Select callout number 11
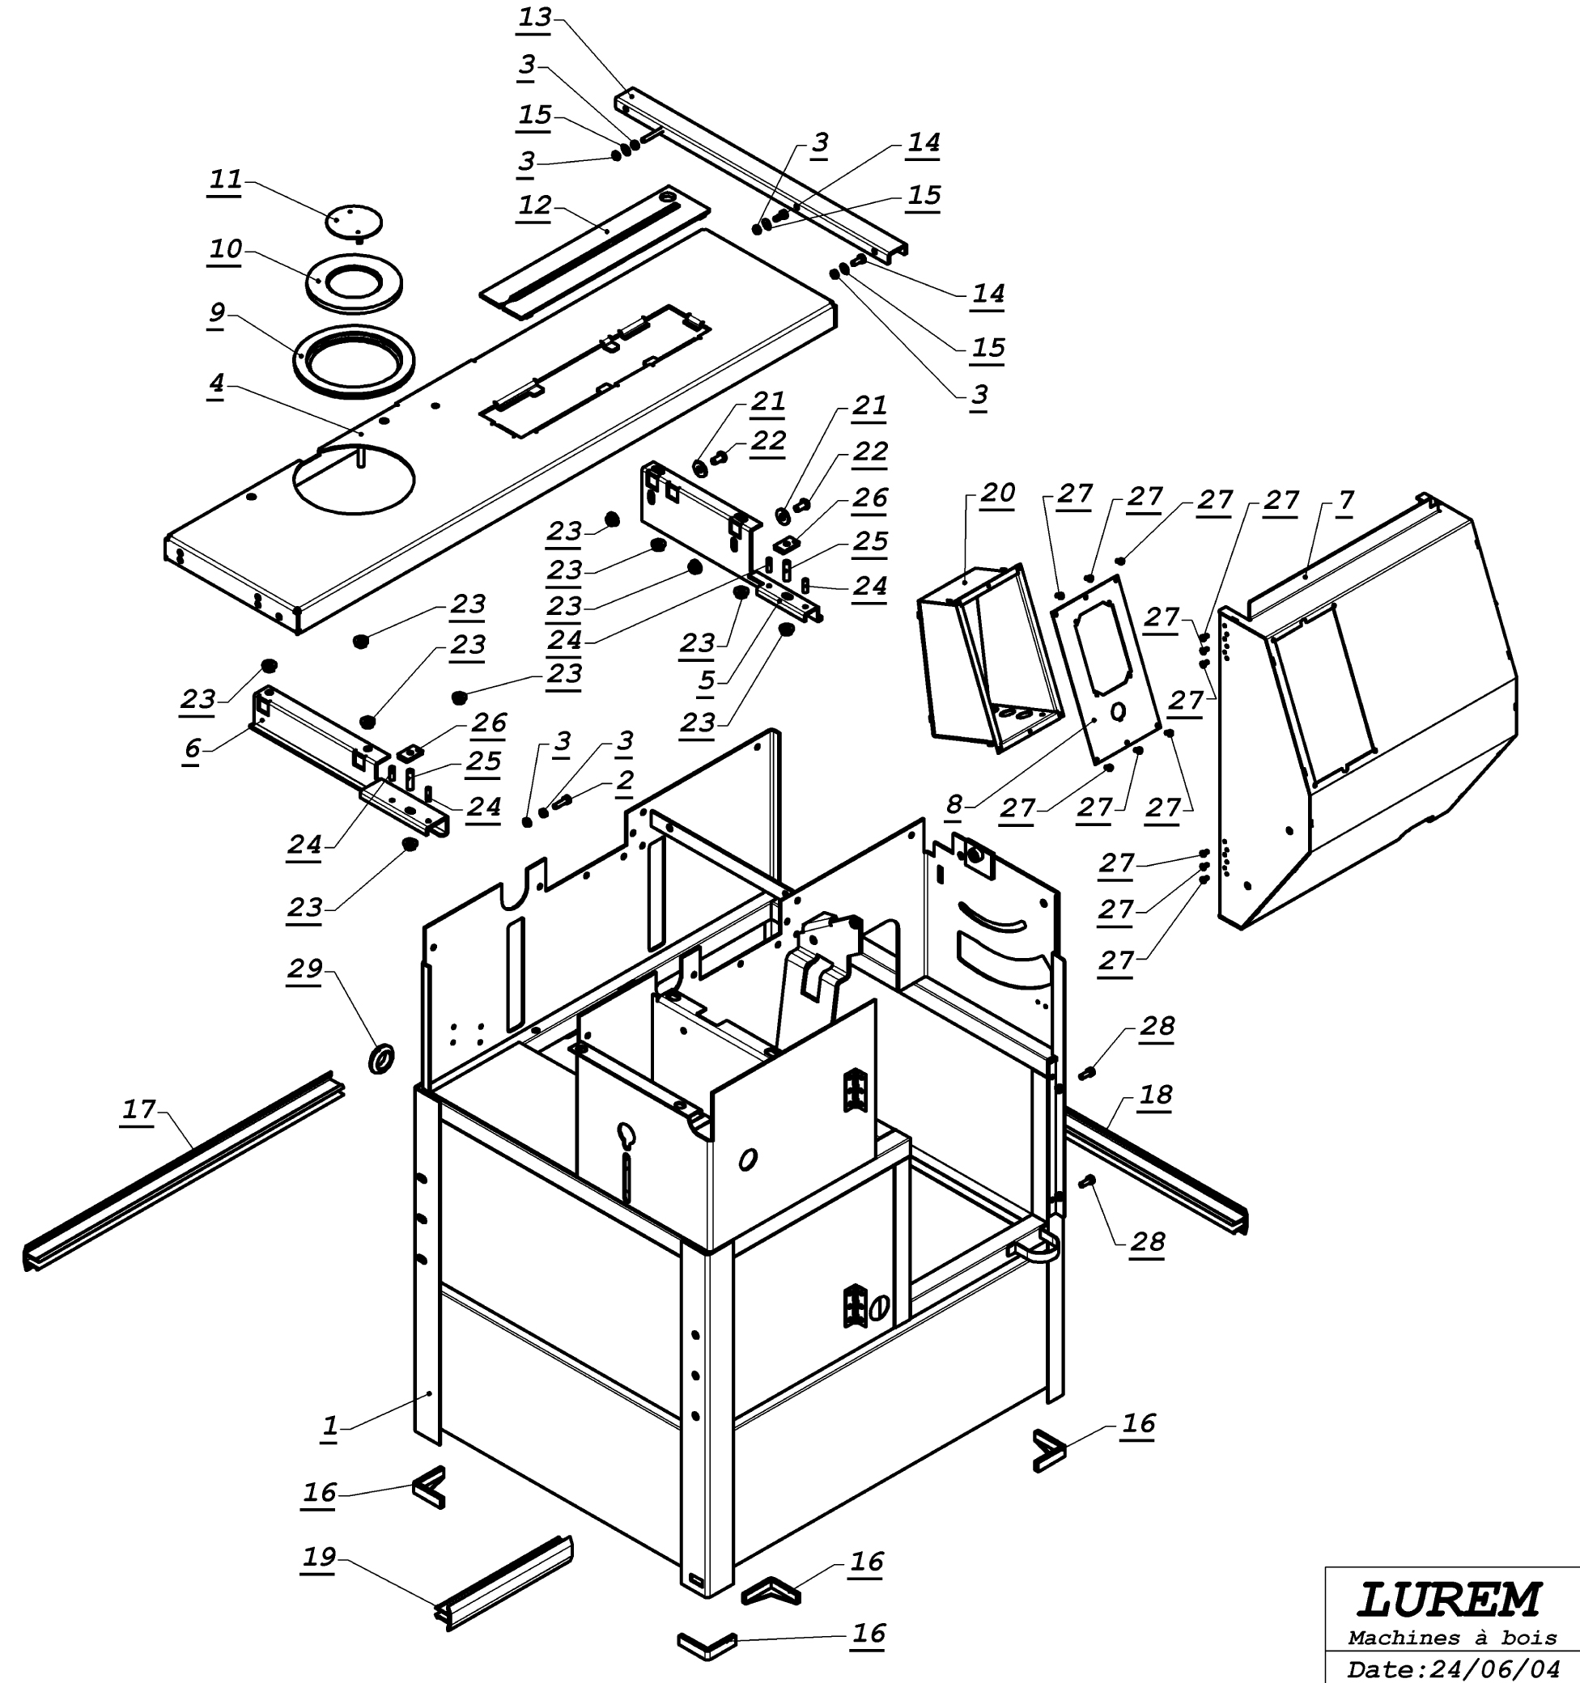click(226, 180)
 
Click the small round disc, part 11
click(354, 222)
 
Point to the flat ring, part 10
click(354, 284)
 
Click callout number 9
click(217, 312)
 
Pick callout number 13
click(535, 18)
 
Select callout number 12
click(535, 206)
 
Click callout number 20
click(998, 493)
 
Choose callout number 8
click(954, 804)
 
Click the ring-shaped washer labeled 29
click(382, 1058)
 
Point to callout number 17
click(139, 1109)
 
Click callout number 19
click(319, 1556)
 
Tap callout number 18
click(1156, 1095)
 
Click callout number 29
click(305, 968)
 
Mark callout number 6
click(192, 748)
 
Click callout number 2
click(625, 780)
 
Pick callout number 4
click(217, 383)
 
